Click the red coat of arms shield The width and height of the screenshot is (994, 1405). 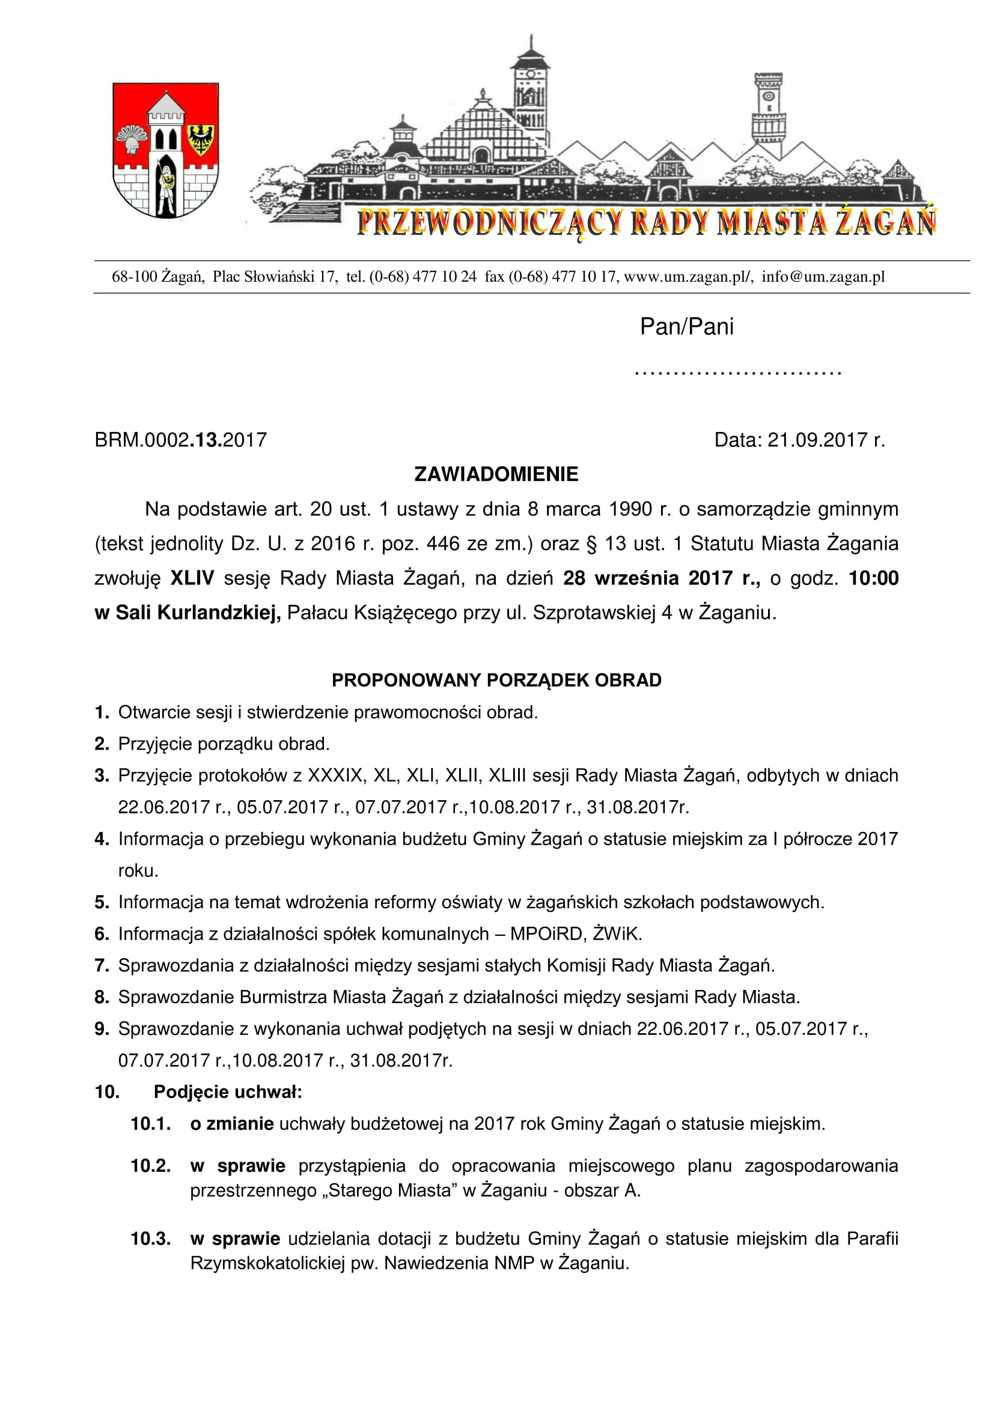[x=165, y=150]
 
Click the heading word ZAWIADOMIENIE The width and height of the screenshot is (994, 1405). [x=496, y=475]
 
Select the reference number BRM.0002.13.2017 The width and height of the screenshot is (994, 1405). [x=180, y=440]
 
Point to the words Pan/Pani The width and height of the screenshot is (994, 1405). [x=686, y=327]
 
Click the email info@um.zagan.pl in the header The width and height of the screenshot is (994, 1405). [x=823, y=276]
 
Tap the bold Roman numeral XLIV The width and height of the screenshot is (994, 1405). [x=192, y=578]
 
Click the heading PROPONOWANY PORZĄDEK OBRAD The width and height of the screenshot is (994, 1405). [x=496, y=681]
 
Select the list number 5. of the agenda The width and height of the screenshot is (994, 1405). [x=102, y=902]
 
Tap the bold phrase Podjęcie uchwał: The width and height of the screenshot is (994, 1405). [x=228, y=1092]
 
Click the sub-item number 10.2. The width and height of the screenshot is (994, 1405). [x=151, y=1166]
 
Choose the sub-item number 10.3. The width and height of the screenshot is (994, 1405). [x=151, y=1239]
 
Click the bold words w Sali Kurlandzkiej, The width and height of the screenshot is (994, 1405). [x=188, y=613]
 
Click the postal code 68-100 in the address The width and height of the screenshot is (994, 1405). [x=134, y=276]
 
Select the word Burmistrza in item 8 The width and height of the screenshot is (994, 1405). [x=284, y=998]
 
